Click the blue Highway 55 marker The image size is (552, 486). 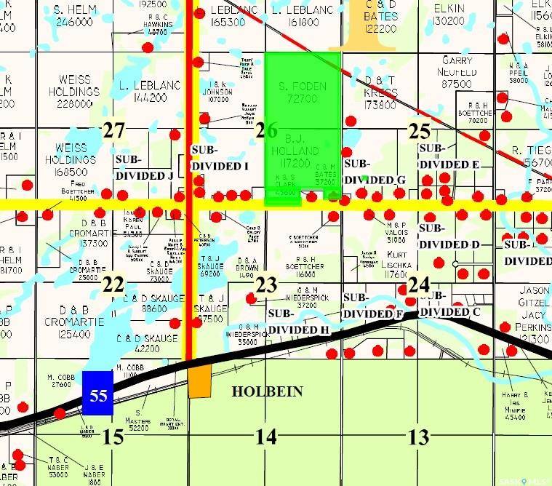(x=98, y=393)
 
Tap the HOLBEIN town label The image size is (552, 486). (x=267, y=391)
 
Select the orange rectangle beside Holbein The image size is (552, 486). (x=200, y=381)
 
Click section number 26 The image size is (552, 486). (x=267, y=131)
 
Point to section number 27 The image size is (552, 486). (x=114, y=131)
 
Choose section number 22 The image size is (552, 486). (x=113, y=284)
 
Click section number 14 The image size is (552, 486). (x=265, y=437)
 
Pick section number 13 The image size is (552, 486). (x=418, y=437)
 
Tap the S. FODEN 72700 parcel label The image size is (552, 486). (x=303, y=92)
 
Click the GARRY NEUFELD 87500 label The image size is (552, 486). (x=457, y=72)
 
